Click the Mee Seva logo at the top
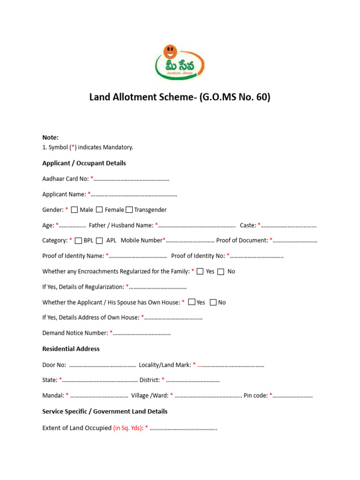coord(180,61)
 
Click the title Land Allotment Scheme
coord(180,97)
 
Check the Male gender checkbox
coord(75,210)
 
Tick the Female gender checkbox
coord(99,210)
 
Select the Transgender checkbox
coord(129,210)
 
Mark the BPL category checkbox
coord(78,240)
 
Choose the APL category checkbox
coord(99,240)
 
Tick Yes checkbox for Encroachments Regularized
coord(200,271)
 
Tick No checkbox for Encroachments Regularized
coord(221,271)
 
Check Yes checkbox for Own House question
coord(191,302)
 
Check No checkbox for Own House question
coord(213,302)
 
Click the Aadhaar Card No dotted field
coord(131,179)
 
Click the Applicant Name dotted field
coord(134,195)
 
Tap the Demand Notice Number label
coord(75,333)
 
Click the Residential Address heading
coord(71,349)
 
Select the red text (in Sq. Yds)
coord(127,428)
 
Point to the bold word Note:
coord(50,137)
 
